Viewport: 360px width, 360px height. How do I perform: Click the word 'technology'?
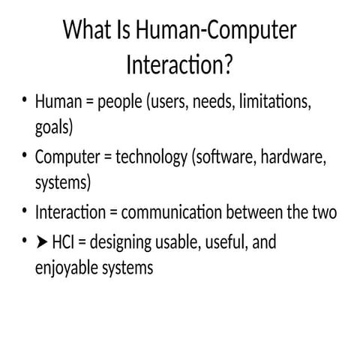coord(151,158)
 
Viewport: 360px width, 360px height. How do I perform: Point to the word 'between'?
coord(257,213)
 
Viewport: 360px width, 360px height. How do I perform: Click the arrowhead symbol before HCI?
coord(42,244)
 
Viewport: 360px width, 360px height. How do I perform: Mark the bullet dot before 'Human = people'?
coord(24,100)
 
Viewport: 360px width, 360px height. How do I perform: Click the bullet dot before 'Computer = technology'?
coord(24,157)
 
